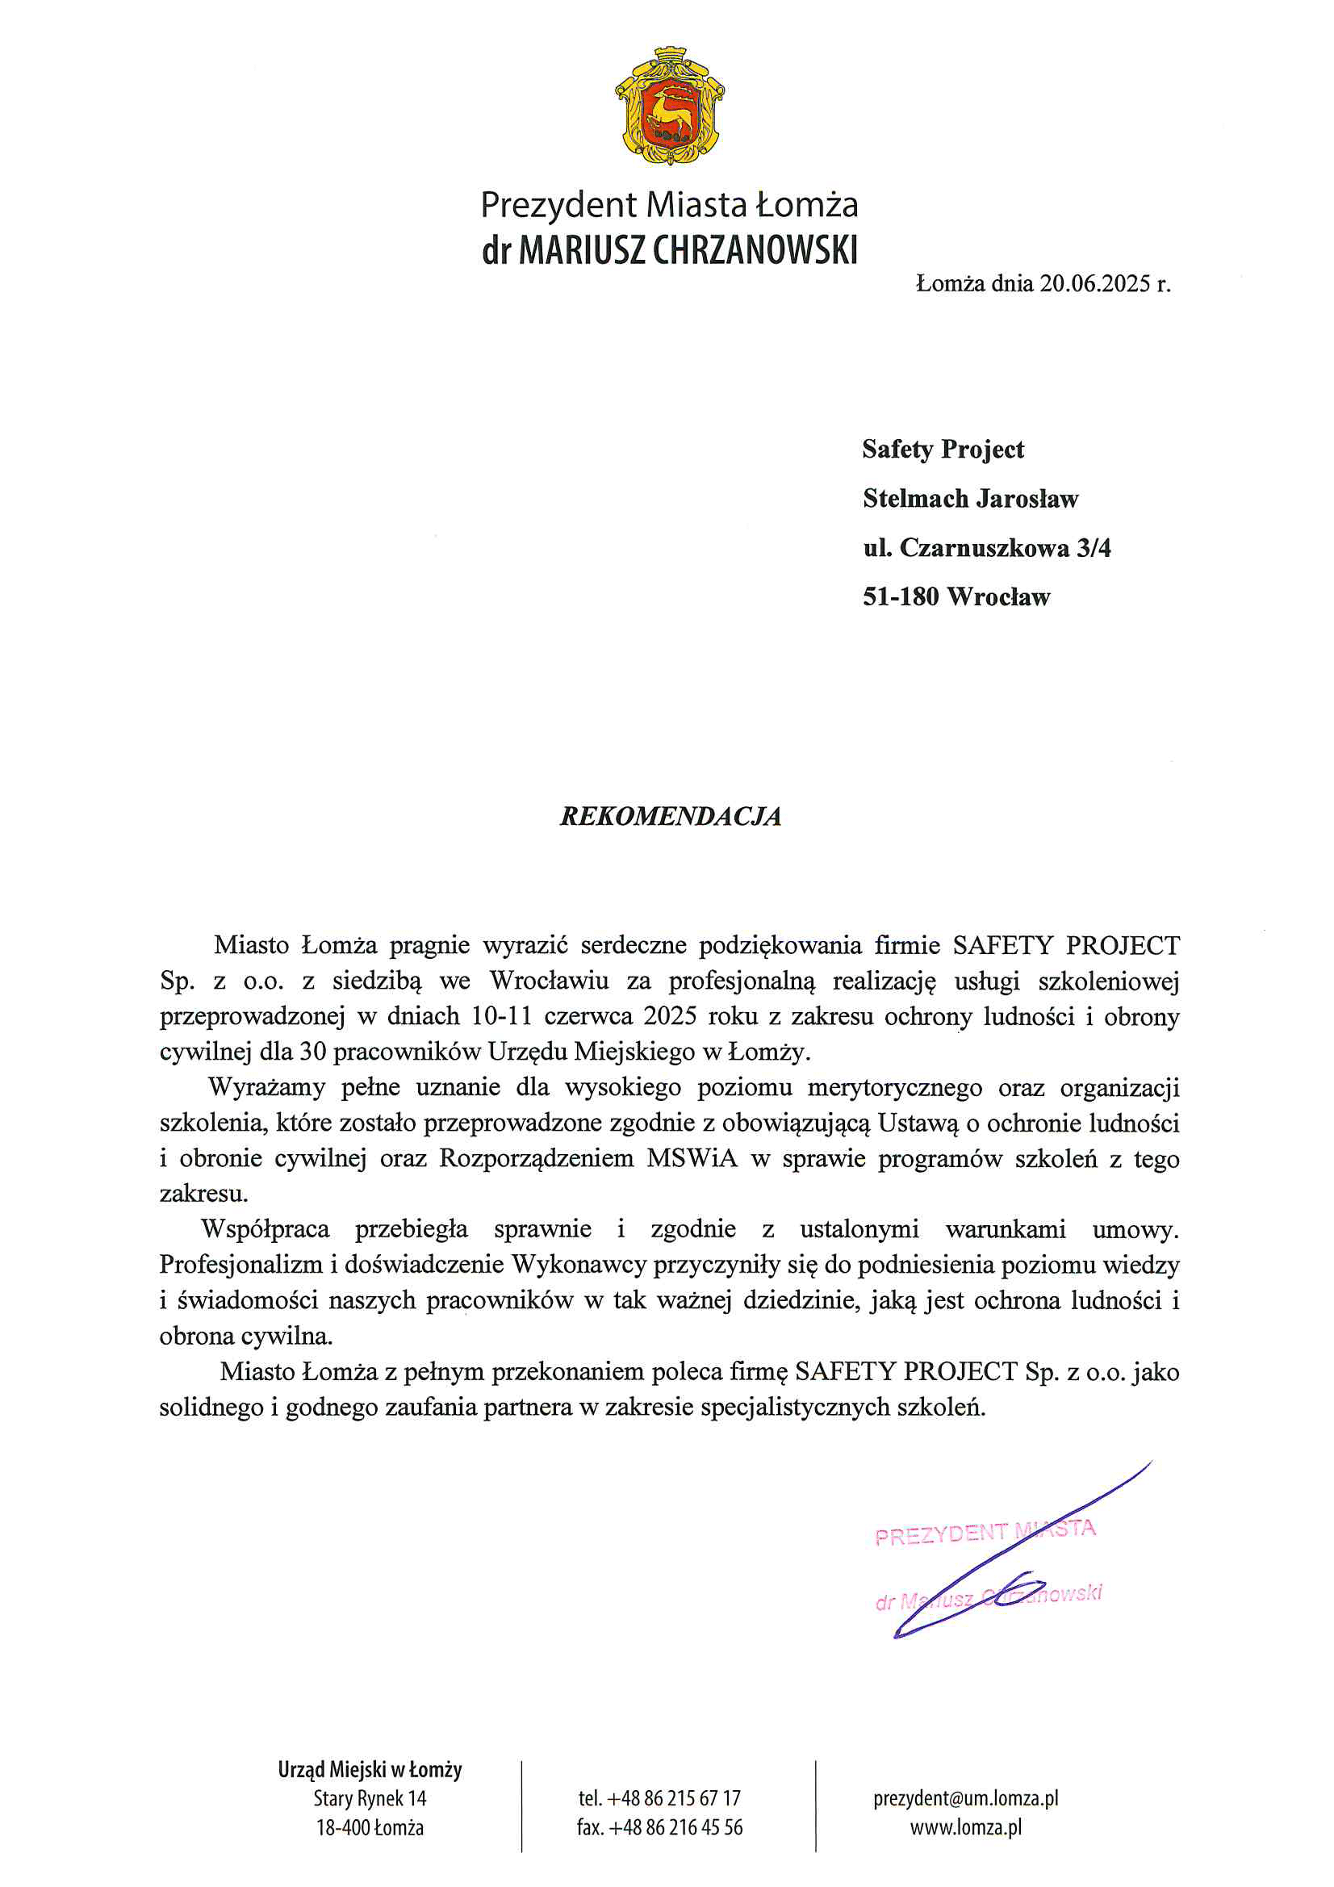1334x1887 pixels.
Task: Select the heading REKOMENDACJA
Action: (670, 816)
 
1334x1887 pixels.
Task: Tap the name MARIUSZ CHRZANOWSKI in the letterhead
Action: (688, 250)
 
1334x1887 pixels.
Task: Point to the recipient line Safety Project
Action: (943, 450)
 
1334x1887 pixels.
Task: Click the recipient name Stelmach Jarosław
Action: (970, 499)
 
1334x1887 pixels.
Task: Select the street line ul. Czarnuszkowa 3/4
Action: (986, 548)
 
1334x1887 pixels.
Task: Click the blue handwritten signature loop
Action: (1011, 1590)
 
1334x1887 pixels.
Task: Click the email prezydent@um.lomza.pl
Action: (965, 1798)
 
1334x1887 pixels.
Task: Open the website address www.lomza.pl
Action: (965, 1828)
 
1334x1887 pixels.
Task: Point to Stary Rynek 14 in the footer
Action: (370, 1798)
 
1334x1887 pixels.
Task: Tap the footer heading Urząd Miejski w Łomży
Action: (370, 1769)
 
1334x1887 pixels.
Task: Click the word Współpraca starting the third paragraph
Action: (266, 1229)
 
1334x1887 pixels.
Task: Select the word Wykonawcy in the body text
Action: (579, 1265)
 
